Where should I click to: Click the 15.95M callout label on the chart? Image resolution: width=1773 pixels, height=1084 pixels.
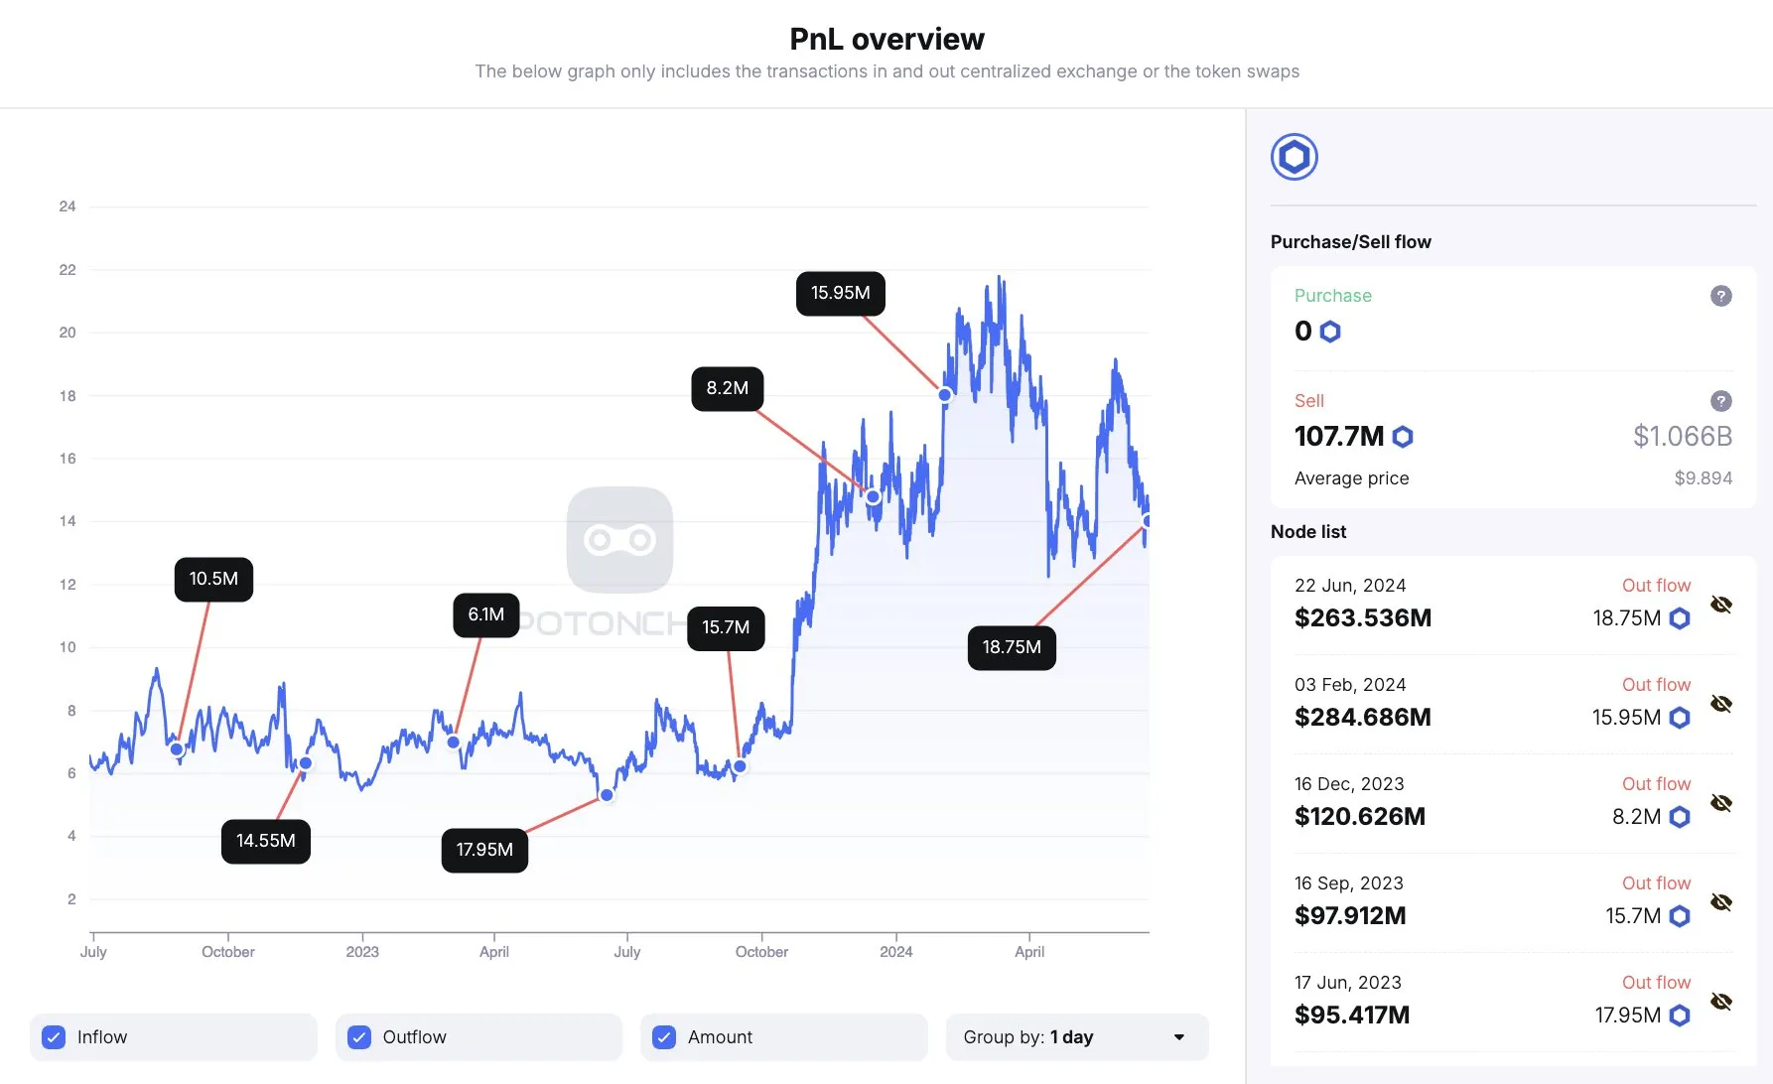(840, 293)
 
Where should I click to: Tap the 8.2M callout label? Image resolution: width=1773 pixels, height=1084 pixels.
(727, 388)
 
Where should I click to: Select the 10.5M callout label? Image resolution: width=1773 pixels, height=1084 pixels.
(213, 579)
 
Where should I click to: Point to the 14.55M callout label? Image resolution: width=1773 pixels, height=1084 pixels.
(265, 841)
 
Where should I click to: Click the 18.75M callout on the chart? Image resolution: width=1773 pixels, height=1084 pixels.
(1011, 647)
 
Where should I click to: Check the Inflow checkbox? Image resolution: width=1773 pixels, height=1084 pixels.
(55, 1037)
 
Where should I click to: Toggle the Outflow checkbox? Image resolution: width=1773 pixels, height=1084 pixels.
(359, 1037)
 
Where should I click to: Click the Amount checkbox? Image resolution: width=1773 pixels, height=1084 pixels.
(664, 1037)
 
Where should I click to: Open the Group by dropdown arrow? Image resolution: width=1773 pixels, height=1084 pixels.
(1178, 1037)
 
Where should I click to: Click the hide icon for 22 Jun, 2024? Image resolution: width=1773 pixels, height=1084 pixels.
(1721, 605)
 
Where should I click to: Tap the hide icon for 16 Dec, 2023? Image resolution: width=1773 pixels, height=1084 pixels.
(1721, 803)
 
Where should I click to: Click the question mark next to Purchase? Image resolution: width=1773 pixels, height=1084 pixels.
(1721, 296)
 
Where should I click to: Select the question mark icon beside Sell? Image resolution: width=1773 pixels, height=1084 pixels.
(1721, 401)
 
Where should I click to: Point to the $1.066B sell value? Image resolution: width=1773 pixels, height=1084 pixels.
(1682, 436)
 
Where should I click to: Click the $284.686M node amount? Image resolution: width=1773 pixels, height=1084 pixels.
(1362, 717)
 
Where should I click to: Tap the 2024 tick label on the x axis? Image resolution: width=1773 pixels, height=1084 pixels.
(895, 952)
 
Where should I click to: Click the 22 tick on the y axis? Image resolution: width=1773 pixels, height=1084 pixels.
(68, 270)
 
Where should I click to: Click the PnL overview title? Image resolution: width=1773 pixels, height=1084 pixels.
(886, 39)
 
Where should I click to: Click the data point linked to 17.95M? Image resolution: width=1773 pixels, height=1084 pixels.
(607, 795)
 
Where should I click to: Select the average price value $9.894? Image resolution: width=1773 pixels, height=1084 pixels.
(1703, 478)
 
